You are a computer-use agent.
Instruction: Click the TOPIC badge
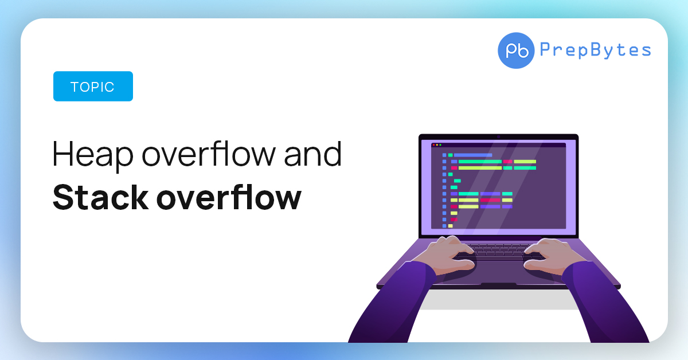tap(93, 87)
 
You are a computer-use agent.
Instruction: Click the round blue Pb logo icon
tap(516, 50)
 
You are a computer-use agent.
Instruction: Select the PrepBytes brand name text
tap(595, 50)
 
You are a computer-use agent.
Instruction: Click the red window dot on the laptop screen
tap(433, 145)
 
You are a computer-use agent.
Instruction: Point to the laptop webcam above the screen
tap(498, 136)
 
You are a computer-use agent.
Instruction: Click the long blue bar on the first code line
tap(473, 155)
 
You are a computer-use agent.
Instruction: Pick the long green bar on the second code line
tap(479, 162)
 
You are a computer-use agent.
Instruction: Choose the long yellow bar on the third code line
tap(480, 168)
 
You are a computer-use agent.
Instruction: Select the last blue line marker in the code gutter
tap(444, 225)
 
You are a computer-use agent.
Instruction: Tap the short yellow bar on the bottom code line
tap(450, 226)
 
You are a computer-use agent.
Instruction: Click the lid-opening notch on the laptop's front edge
tap(498, 285)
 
